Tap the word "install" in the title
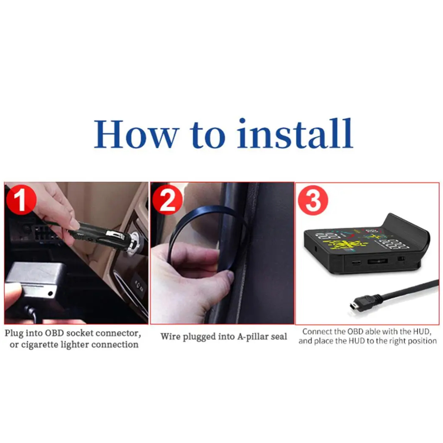tap(295, 133)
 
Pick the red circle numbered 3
tap(313, 200)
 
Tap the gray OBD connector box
tap(32, 280)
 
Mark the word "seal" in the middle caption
tap(279, 337)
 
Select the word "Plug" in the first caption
tap(14, 334)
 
